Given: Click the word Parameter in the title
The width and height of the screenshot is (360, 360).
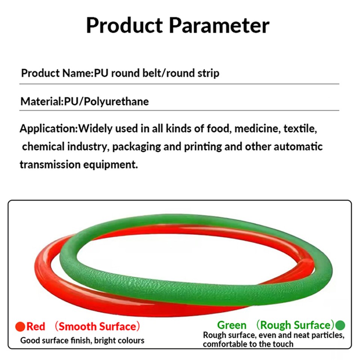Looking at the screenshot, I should [x=219, y=25].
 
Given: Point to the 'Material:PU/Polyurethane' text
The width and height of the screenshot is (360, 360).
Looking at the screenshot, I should [x=84, y=101].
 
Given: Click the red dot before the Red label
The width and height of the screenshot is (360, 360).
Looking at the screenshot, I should [x=20, y=327].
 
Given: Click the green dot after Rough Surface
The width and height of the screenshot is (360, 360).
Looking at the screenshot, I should [x=340, y=325].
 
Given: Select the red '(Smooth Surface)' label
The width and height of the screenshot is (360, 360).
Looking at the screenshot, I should [x=97, y=327].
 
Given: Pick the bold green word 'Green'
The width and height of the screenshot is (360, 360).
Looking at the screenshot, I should [x=232, y=325].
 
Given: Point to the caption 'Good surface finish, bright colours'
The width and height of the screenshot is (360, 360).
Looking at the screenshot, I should [x=82, y=340].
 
